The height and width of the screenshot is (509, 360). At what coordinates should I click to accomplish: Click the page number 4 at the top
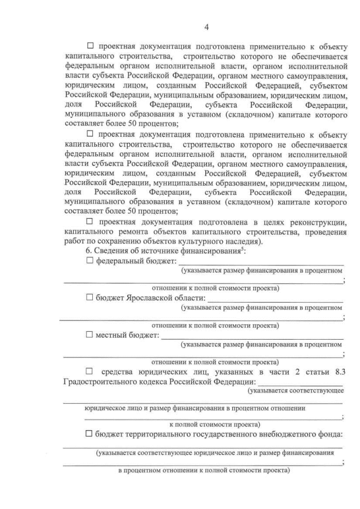tap(207, 27)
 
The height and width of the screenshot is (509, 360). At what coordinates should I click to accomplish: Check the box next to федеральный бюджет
tap(89, 261)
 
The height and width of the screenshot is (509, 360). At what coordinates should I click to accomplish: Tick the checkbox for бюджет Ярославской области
tap(89, 298)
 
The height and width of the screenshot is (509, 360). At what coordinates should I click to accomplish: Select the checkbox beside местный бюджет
tap(89, 335)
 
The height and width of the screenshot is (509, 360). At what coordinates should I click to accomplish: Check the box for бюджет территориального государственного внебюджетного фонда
tap(89, 434)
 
